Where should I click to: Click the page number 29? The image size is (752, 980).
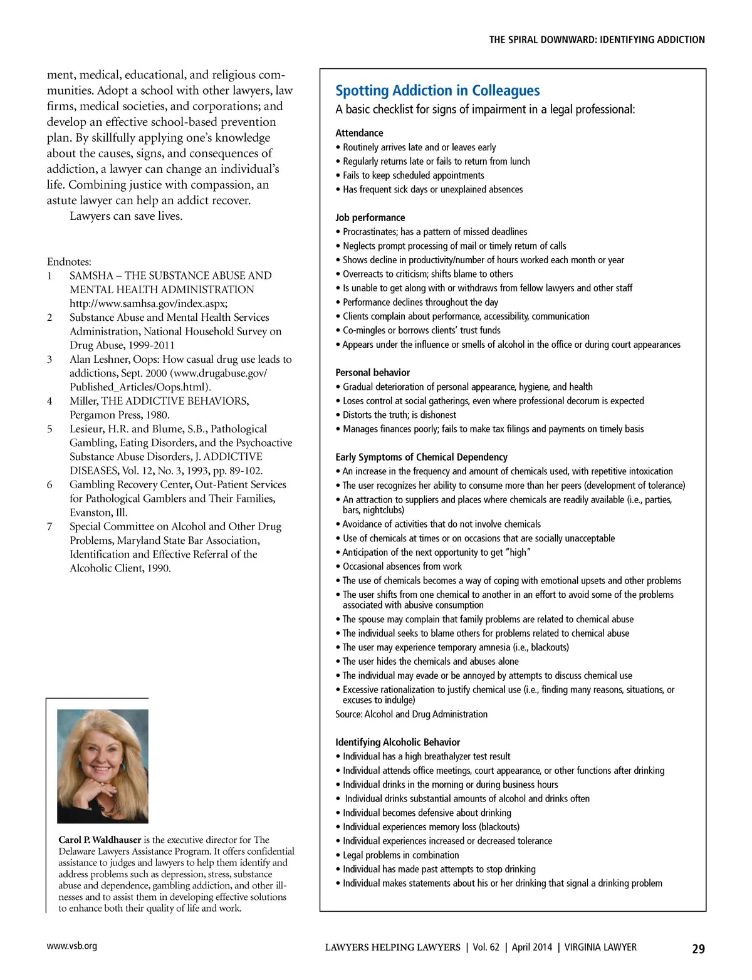tap(698, 949)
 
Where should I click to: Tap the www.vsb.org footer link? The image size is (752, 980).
tap(71, 946)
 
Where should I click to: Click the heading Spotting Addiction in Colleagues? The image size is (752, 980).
tap(437, 91)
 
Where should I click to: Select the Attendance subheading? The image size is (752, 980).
tap(359, 133)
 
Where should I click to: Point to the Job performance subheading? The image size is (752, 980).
tap(370, 217)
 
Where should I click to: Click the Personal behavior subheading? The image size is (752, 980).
tap(372, 372)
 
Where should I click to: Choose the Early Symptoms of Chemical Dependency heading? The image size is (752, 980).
tap(421, 457)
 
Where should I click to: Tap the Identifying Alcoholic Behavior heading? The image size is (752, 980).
tap(397, 742)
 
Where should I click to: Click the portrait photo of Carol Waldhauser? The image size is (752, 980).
tap(103, 766)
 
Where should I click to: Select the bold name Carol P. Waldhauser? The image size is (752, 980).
tap(100, 840)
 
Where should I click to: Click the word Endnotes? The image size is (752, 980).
tap(69, 262)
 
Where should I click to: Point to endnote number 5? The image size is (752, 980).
tap(50, 429)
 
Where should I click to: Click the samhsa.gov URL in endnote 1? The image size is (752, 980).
tap(149, 303)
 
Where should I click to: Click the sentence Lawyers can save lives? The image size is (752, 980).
tap(126, 216)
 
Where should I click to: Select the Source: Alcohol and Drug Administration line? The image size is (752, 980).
tap(411, 714)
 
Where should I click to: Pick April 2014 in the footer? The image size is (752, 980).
tap(531, 947)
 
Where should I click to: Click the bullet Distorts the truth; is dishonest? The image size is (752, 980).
tap(399, 415)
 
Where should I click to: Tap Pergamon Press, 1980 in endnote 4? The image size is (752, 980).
tap(119, 415)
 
